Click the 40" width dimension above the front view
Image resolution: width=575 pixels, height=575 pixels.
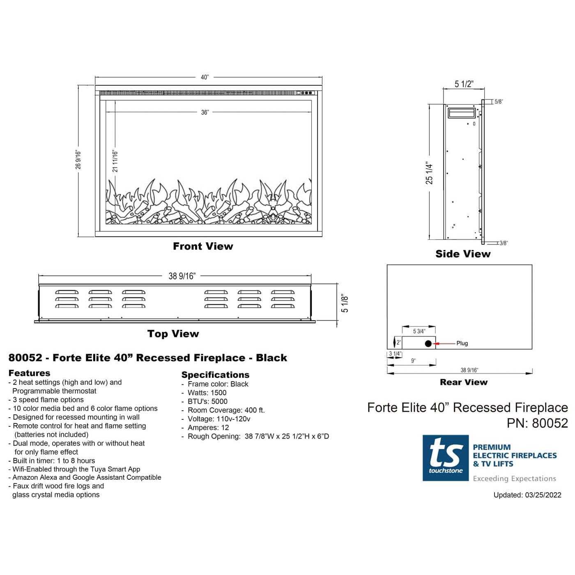tap(205, 77)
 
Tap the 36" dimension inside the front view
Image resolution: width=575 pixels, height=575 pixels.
tap(205, 112)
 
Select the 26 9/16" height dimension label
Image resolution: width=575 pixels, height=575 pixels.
tap(78, 160)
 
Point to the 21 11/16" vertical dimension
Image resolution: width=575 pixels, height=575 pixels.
tap(115, 161)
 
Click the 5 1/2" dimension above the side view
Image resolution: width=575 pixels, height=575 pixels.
tap(464, 84)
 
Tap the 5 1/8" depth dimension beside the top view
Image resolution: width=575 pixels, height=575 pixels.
tap(345, 304)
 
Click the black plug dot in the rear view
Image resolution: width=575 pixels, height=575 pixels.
tap(428, 343)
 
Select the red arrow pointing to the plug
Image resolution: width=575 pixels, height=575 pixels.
tap(445, 343)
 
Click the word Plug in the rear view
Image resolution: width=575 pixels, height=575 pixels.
tap(462, 343)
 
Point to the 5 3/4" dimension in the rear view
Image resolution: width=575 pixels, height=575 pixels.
tap(419, 331)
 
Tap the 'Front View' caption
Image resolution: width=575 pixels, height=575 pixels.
tap(203, 246)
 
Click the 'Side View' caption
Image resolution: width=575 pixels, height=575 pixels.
tap(463, 254)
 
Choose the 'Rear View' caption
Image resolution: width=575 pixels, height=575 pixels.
tap(464, 382)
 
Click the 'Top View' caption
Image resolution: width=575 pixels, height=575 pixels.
tap(173, 333)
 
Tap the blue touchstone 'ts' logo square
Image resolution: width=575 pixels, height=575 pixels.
tap(446, 458)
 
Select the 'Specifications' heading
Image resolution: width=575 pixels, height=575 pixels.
tap(216, 375)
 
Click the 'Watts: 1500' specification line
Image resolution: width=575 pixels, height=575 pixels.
tap(207, 393)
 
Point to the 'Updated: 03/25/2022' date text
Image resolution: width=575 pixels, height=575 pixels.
tap(527, 495)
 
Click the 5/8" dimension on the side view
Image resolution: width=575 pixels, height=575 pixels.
tap(499, 102)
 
